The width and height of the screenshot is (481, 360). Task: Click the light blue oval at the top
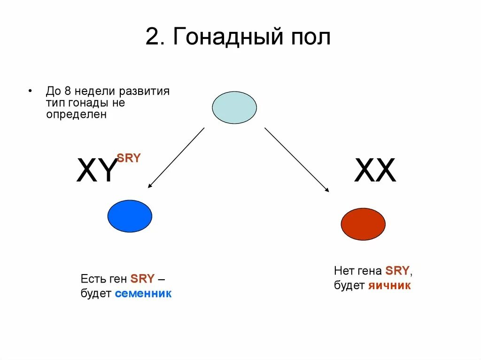pyautogui.click(x=234, y=107)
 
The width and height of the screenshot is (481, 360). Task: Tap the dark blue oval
pyautogui.click(x=130, y=216)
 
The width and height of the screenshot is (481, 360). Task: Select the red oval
pyautogui.click(x=363, y=224)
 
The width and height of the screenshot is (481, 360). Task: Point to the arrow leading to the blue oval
pyautogui.click(x=176, y=158)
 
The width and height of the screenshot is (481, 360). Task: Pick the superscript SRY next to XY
pyautogui.click(x=129, y=158)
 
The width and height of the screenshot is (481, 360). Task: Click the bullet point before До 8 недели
pyautogui.click(x=30, y=91)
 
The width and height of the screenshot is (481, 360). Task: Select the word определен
pyautogui.click(x=77, y=115)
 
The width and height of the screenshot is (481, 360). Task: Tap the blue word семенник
pyautogui.click(x=143, y=294)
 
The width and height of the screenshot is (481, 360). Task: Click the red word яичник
pyautogui.click(x=389, y=285)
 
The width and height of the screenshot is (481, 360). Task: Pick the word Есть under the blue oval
pyautogui.click(x=91, y=279)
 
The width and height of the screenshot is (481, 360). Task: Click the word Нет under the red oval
pyautogui.click(x=342, y=271)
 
